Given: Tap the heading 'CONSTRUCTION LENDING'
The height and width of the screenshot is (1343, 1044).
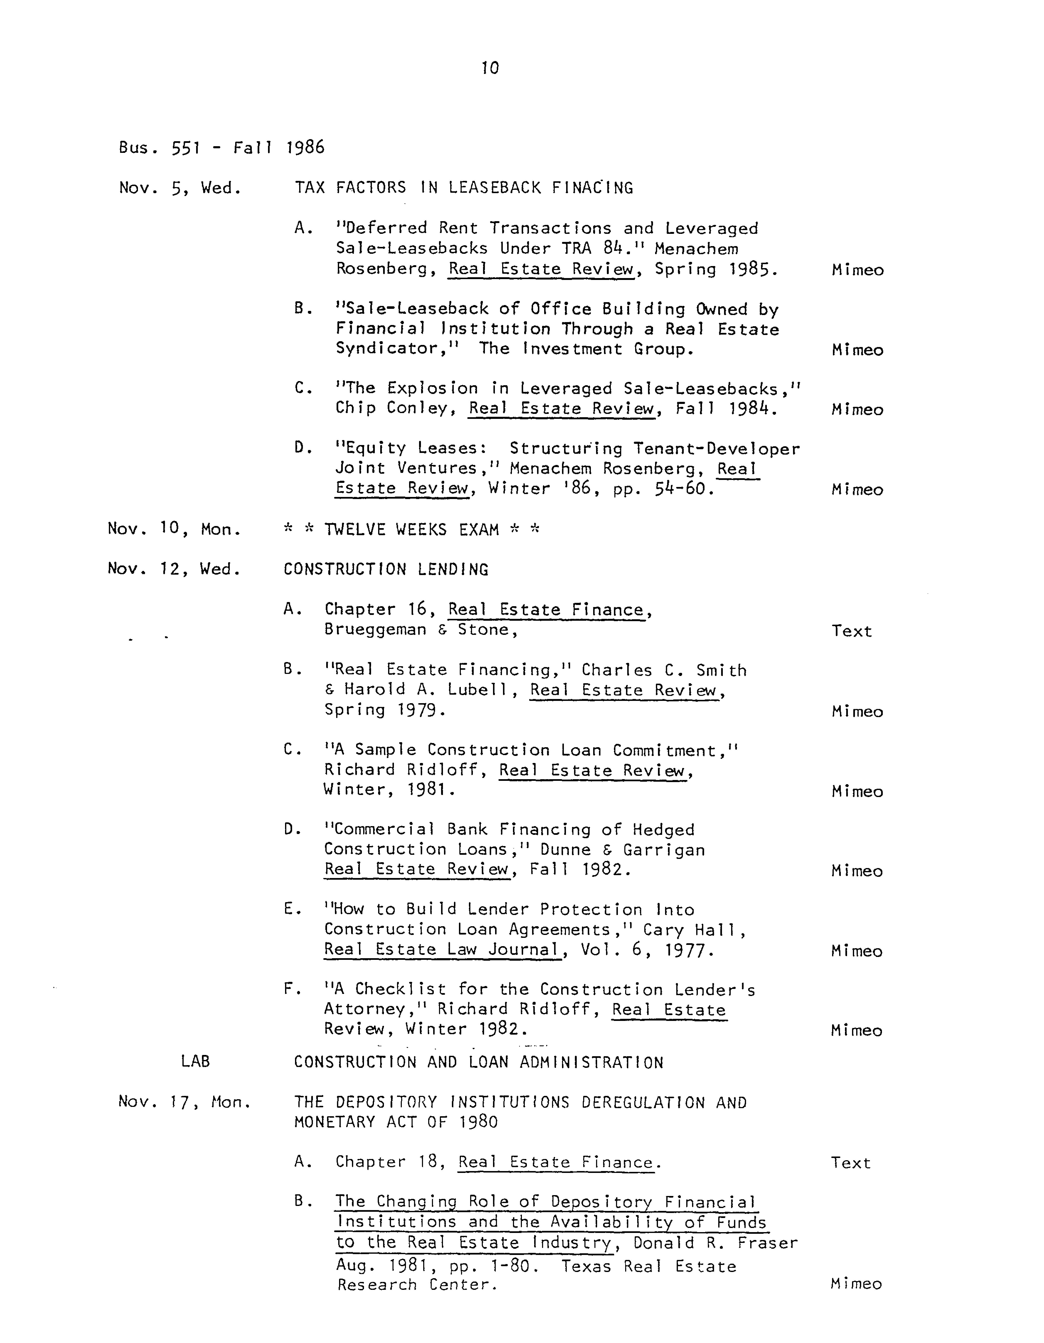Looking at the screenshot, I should [386, 569].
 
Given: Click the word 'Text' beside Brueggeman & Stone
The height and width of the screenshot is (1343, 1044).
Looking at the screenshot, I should [851, 631].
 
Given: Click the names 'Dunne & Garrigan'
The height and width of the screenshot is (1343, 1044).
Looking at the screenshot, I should [623, 850].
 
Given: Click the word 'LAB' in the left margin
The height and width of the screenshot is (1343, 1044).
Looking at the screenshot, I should [196, 1061].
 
